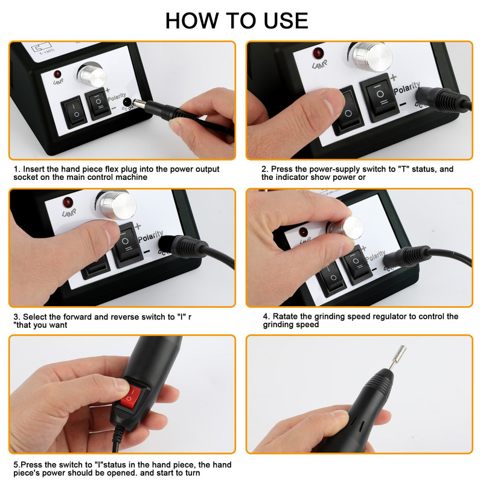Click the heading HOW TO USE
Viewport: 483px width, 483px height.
click(x=237, y=21)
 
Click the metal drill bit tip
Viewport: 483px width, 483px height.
click(x=398, y=357)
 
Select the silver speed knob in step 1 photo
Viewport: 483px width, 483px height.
click(x=92, y=75)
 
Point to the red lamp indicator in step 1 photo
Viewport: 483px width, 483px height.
click(x=57, y=74)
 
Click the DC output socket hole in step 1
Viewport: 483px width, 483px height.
click(x=127, y=102)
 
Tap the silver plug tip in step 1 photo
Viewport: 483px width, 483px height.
click(x=139, y=103)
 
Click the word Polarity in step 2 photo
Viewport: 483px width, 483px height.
click(x=407, y=88)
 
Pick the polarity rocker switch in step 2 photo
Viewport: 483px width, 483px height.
click(x=379, y=97)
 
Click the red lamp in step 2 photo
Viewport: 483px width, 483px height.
click(x=318, y=53)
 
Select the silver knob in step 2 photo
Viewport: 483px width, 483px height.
click(x=372, y=56)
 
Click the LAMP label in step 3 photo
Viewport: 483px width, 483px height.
click(x=69, y=213)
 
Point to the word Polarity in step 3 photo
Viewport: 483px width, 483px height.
click(x=150, y=236)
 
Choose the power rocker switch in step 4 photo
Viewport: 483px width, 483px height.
click(x=330, y=277)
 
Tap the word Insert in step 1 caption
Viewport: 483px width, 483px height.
click(x=33, y=169)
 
